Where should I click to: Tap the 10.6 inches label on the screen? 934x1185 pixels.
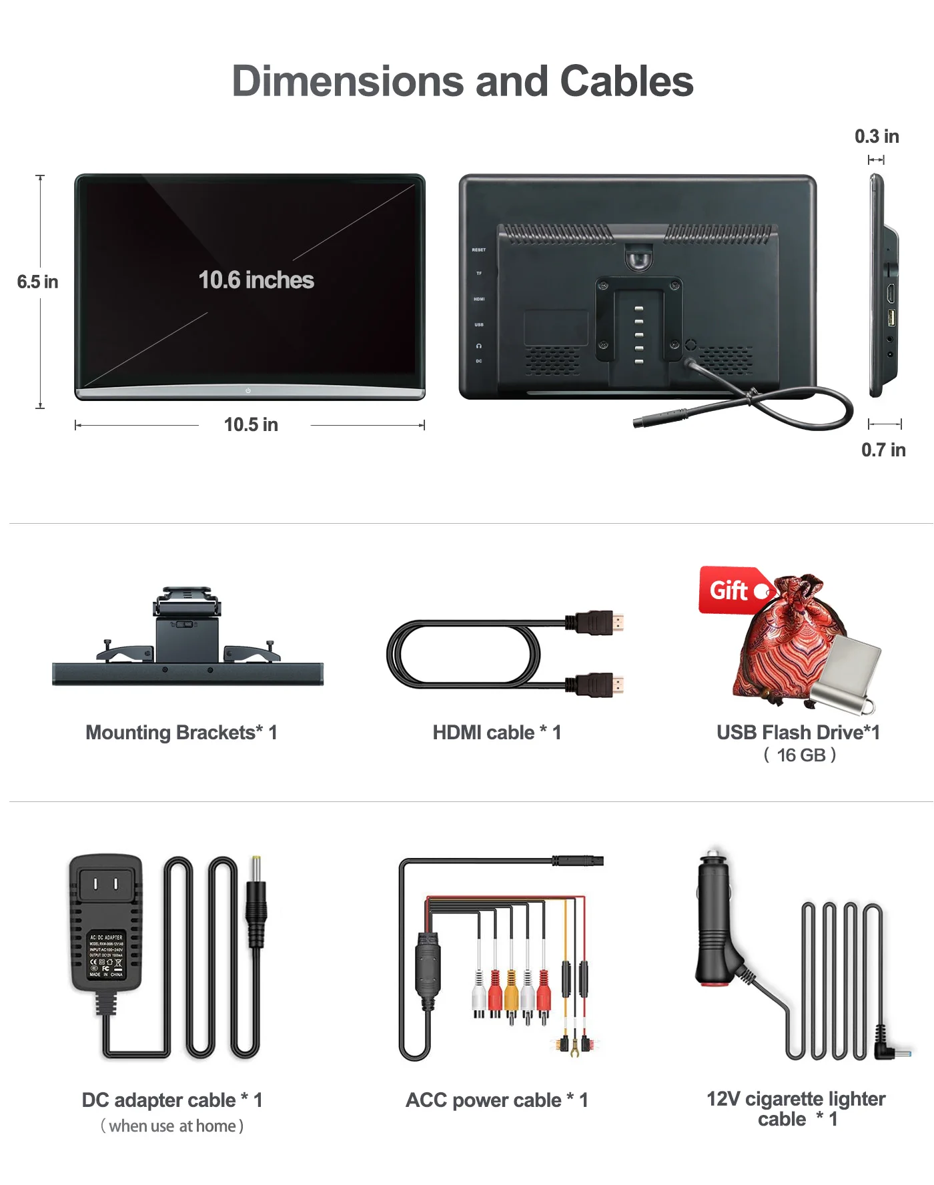coord(256,280)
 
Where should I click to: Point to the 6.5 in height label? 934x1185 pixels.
coord(37,282)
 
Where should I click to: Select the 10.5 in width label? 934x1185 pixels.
coord(251,424)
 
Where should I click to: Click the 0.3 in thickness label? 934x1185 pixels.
coord(877,137)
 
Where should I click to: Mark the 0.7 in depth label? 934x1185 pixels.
coord(883,450)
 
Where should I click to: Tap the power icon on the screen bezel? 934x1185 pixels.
coord(248,390)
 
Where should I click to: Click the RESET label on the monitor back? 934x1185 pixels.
coord(479,250)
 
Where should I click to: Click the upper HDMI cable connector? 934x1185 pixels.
coord(597,623)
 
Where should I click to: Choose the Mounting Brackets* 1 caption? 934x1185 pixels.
coord(181,733)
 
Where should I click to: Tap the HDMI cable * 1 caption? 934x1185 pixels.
coord(497,733)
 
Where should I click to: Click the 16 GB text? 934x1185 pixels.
coord(801,755)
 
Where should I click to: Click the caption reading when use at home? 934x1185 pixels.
coord(172,1126)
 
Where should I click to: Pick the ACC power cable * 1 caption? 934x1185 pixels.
coord(497,1100)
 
